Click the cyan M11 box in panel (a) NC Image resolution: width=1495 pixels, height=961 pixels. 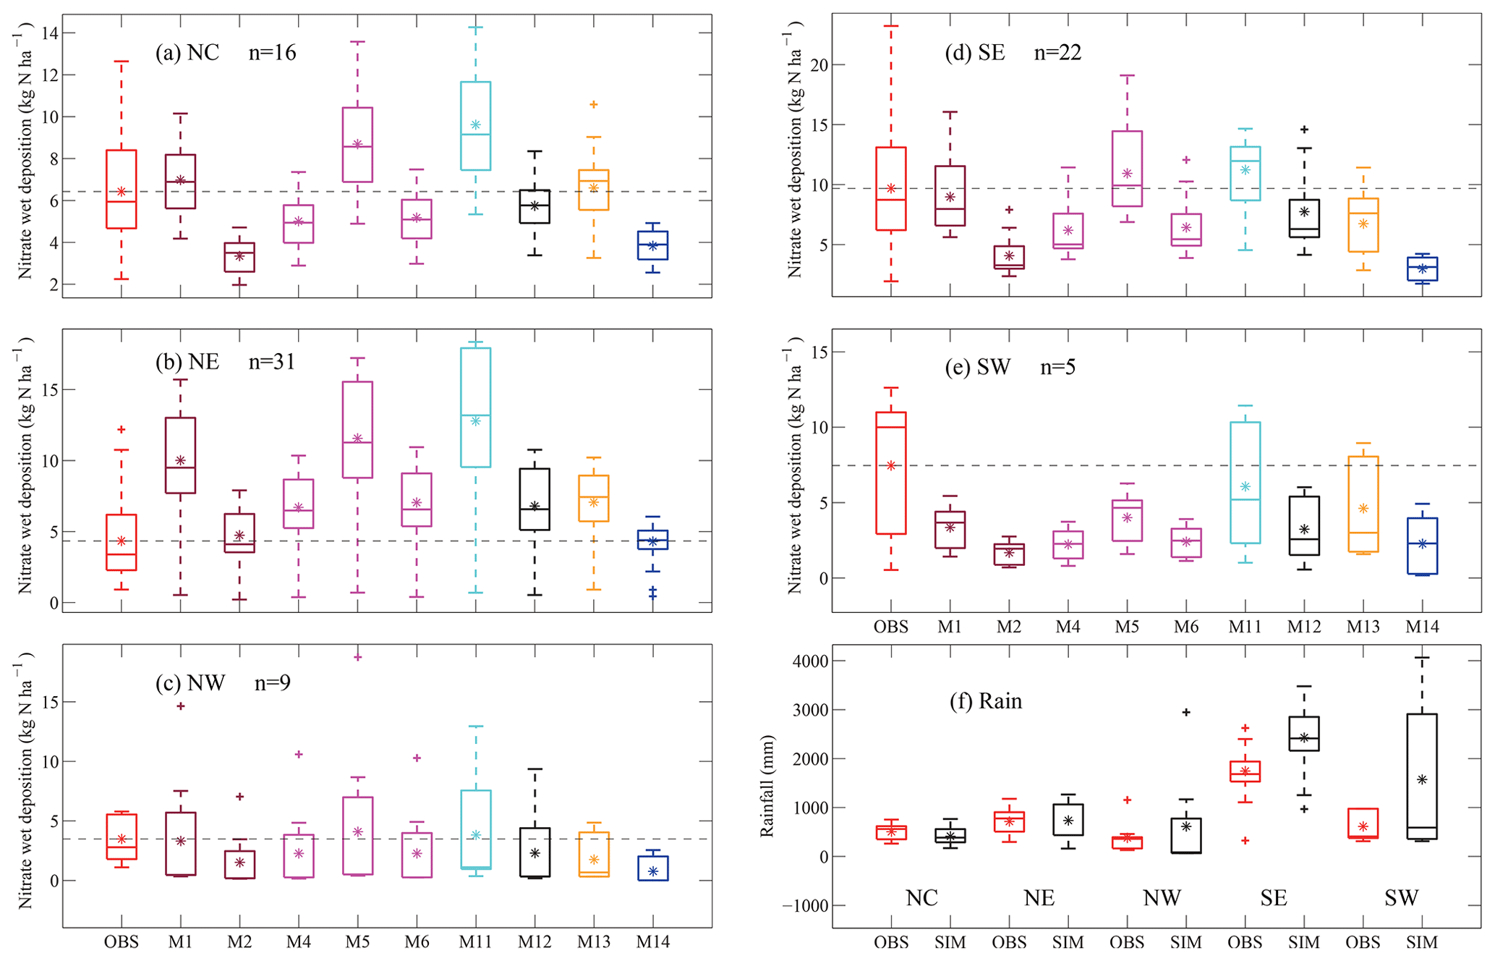[x=475, y=126]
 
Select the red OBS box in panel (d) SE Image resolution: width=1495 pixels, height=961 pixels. [x=891, y=189]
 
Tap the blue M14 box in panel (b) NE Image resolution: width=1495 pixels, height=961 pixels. [x=652, y=540]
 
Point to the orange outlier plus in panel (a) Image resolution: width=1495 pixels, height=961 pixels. [x=594, y=105]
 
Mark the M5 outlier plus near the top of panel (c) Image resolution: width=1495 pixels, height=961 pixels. [x=357, y=657]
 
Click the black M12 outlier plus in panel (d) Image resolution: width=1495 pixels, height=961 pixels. [x=1304, y=130]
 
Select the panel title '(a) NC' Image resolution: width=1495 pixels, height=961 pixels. [x=187, y=53]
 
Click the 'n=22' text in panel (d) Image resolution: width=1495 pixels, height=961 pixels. [x=1057, y=53]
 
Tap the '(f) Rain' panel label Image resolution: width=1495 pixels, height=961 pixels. [x=985, y=701]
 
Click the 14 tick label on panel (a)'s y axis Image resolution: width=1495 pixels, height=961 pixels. [x=50, y=33]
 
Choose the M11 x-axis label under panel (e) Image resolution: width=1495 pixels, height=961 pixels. [x=1245, y=627]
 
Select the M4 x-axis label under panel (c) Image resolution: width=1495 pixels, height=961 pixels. [x=298, y=941]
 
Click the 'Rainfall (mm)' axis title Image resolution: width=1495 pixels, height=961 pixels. [x=767, y=786]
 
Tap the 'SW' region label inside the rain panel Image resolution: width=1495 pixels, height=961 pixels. [x=1401, y=898]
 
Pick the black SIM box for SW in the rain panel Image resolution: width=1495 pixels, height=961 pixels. [x=1422, y=776]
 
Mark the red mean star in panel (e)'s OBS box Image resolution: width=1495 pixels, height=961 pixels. [x=891, y=466]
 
